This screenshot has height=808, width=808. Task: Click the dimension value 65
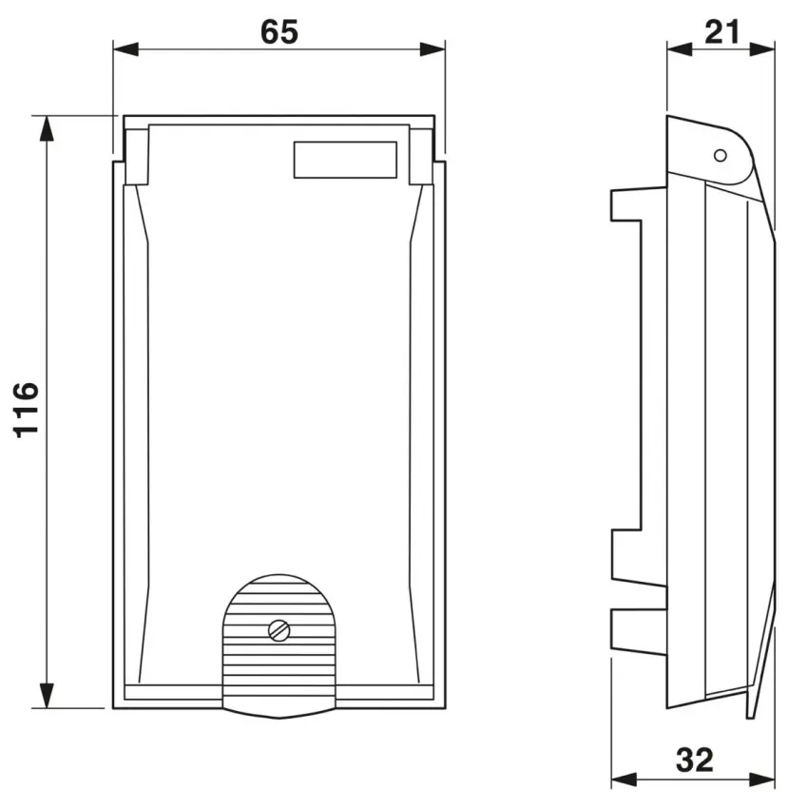279,32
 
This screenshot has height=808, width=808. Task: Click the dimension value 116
26,411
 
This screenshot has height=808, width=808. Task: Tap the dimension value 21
721,32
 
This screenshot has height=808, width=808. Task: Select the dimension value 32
695,760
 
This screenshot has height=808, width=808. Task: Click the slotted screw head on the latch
279,630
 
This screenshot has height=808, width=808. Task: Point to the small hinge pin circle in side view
721,155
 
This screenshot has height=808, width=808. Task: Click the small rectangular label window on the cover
345,160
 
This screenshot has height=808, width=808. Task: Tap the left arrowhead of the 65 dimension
125,49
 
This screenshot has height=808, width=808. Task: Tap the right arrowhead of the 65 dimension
433,49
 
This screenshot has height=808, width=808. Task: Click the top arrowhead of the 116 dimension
47,128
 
